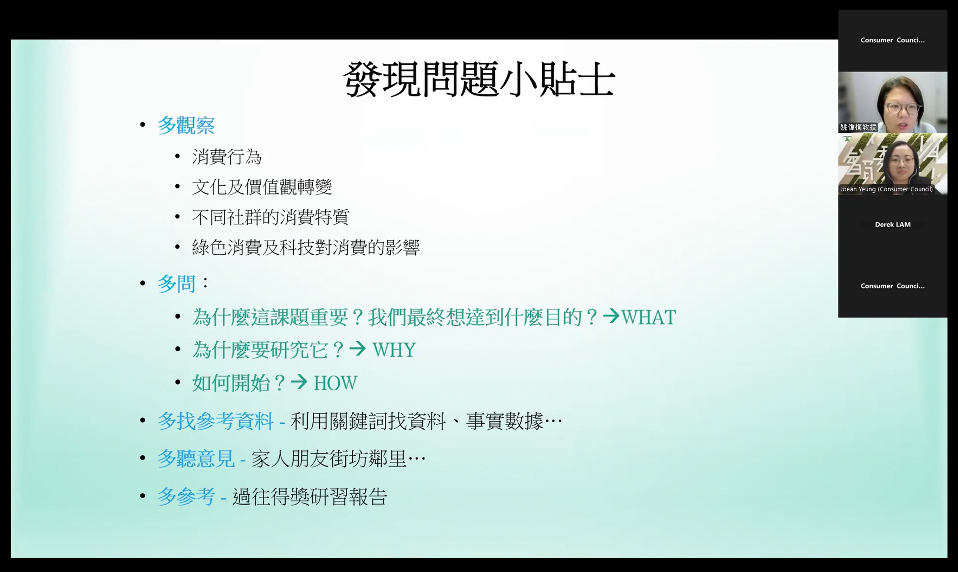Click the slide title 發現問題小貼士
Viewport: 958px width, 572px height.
pos(479,80)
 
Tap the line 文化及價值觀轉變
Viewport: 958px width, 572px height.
pos(262,187)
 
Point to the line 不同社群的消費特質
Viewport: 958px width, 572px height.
pos(271,217)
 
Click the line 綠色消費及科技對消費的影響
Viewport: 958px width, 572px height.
pos(306,247)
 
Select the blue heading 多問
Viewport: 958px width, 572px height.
pos(176,284)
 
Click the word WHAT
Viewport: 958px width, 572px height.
pos(649,317)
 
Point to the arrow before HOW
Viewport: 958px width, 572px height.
pos(299,382)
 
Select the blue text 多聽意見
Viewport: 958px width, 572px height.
pos(196,458)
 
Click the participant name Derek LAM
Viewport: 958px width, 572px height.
pos(893,224)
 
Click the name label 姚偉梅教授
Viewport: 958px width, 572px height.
pos(858,127)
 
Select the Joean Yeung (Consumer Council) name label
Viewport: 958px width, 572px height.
pos(886,189)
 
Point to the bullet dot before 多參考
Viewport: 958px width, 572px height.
pos(143,496)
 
